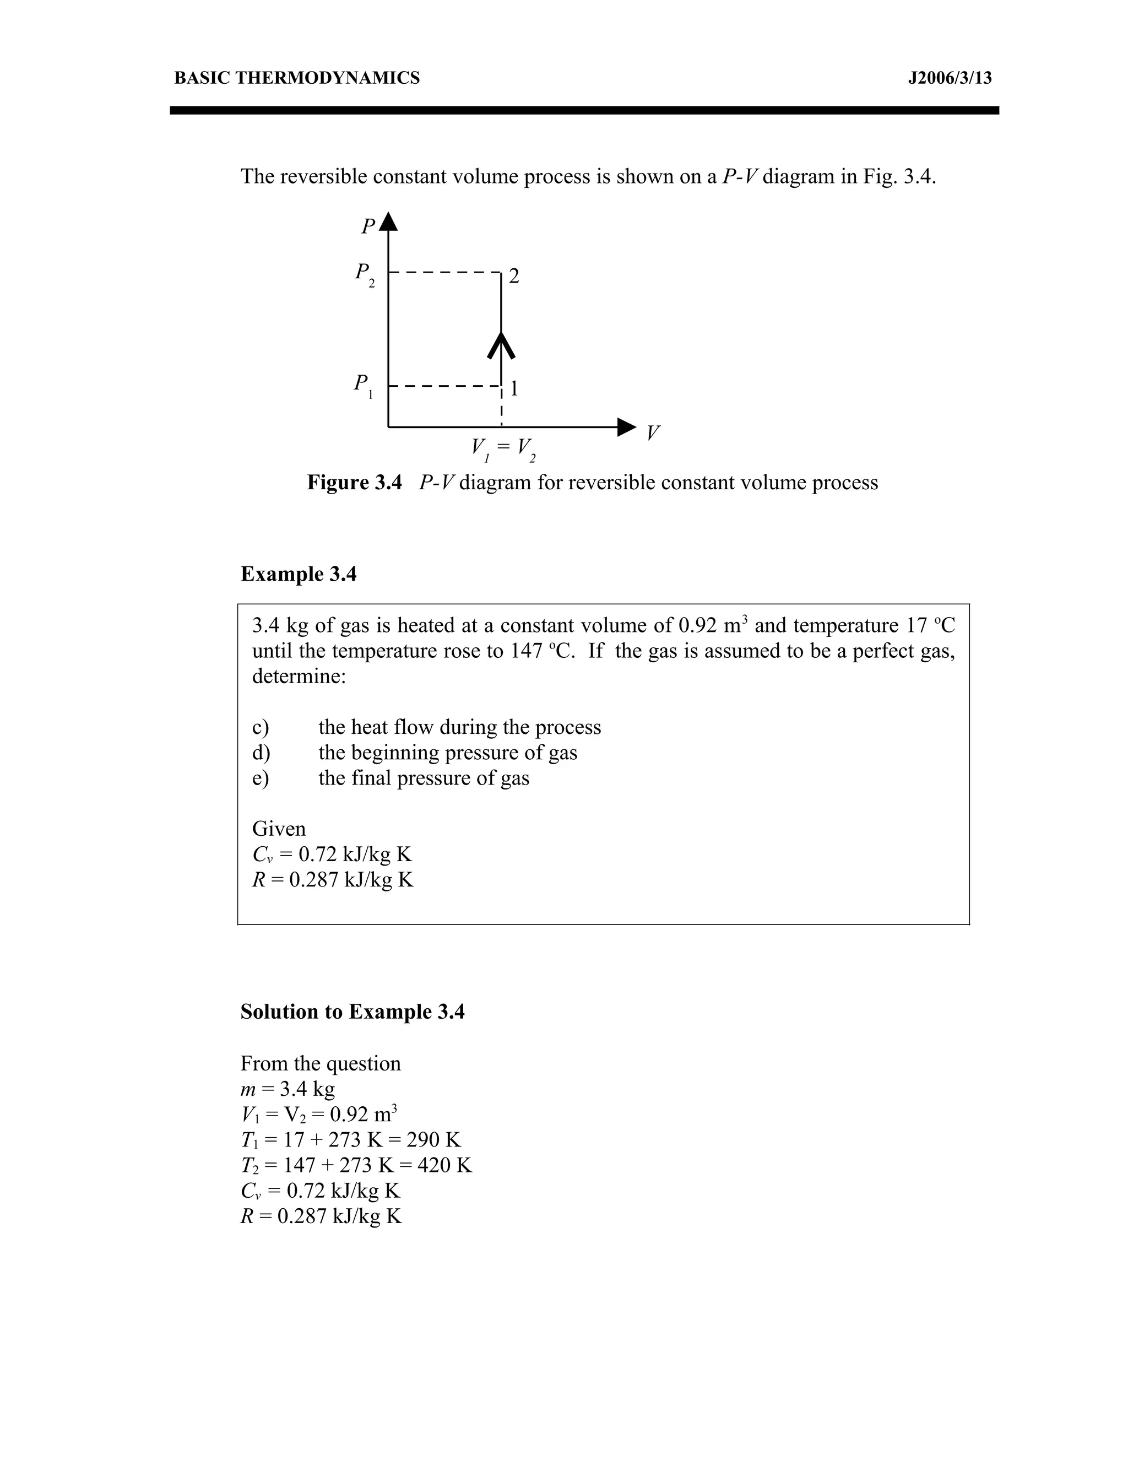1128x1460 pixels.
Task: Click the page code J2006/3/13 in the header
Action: (949, 78)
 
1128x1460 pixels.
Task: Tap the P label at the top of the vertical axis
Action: (367, 226)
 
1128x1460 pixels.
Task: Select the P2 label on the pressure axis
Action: (364, 274)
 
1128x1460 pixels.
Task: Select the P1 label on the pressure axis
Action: (363, 386)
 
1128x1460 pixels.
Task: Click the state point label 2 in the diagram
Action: (514, 276)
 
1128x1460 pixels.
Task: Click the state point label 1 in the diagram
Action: (514, 388)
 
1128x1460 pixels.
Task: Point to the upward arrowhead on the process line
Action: (501, 344)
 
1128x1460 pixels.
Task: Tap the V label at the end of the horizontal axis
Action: (652, 433)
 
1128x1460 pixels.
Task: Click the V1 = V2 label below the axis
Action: (502, 448)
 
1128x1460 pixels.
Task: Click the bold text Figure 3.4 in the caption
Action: (354, 483)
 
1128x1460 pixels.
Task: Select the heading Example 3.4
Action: (298, 574)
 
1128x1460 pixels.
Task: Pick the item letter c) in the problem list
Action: (260, 727)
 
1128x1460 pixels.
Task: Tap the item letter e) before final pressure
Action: (260, 778)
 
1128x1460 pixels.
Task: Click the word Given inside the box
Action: (279, 829)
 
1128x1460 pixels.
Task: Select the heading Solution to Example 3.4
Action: (352, 1012)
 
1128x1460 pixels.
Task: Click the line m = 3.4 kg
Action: (288, 1090)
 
